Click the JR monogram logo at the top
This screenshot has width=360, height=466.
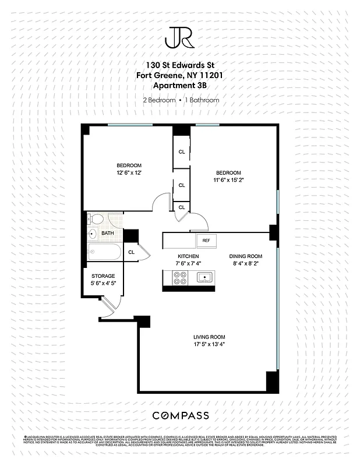pyautogui.click(x=180, y=38)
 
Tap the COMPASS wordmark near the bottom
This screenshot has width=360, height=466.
pyautogui.click(x=180, y=415)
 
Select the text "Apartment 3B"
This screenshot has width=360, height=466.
pyautogui.click(x=180, y=85)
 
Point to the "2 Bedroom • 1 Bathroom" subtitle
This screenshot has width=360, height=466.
pyautogui.click(x=181, y=100)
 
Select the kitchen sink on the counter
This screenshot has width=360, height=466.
pyautogui.click(x=204, y=277)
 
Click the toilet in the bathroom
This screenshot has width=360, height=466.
pyautogui.click(x=97, y=219)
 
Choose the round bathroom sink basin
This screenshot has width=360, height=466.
pyautogui.click(x=92, y=234)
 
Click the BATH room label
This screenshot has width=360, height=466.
pyautogui.click(x=108, y=234)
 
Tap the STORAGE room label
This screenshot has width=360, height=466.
pyautogui.click(x=103, y=276)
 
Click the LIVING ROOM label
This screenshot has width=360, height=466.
pyautogui.click(x=209, y=337)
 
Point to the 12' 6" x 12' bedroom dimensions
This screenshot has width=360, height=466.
pyautogui.click(x=129, y=172)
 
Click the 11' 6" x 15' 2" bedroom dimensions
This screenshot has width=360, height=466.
pyautogui.click(x=228, y=180)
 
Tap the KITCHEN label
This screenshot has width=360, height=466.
pyautogui.click(x=188, y=256)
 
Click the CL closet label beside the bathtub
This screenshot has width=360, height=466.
pyautogui.click(x=131, y=252)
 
